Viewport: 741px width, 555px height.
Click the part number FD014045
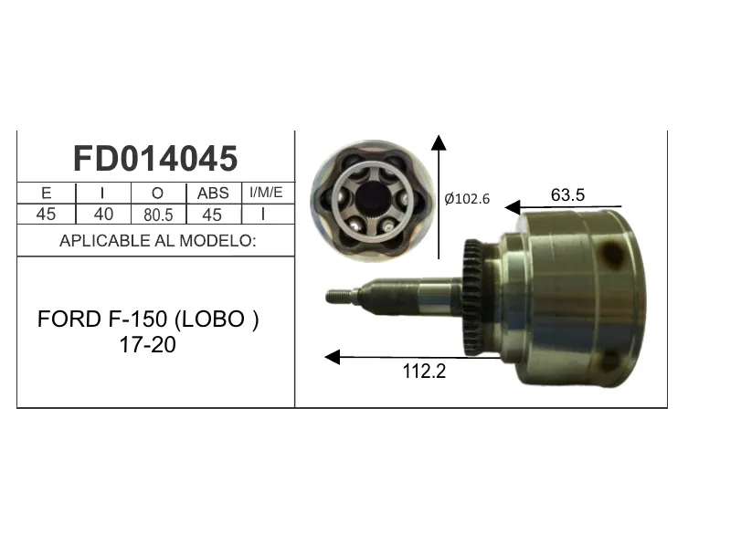click(155, 158)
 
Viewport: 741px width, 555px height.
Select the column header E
click(47, 193)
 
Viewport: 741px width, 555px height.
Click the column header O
click(157, 193)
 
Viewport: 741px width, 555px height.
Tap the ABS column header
click(213, 193)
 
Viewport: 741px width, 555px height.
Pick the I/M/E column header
click(266, 192)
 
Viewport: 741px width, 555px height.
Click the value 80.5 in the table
click(158, 215)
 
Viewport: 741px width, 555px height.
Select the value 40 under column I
click(103, 214)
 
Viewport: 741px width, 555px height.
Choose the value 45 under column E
click(46, 214)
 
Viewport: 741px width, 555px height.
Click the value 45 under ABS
click(212, 215)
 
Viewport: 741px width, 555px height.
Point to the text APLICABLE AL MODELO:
click(158, 241)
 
